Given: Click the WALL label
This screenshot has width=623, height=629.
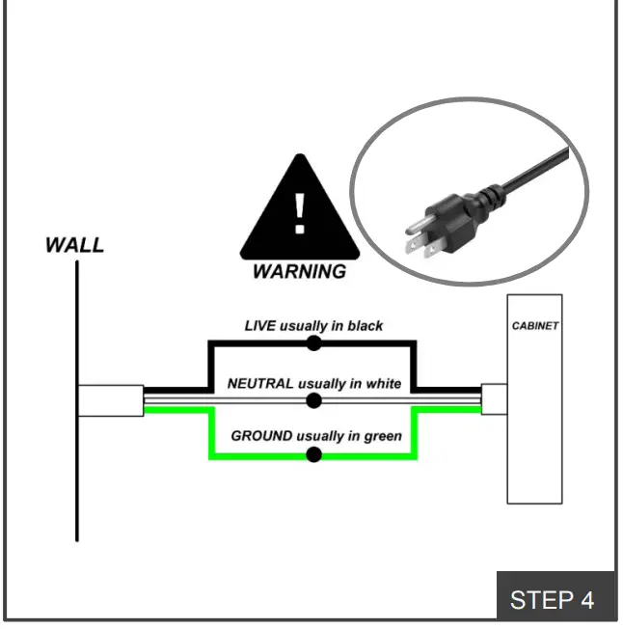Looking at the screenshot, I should coord(74,245).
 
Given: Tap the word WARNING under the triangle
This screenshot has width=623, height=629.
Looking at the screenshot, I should coord(299,272).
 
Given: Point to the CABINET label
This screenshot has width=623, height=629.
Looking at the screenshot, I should coord(534,326).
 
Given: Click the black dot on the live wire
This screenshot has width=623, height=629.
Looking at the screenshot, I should coord(313,342).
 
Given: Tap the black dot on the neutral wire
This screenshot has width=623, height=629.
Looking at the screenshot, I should coord(313,399).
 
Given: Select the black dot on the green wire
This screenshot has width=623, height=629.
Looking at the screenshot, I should coord(313,454).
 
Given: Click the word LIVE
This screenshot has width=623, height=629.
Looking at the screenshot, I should coord(260,326).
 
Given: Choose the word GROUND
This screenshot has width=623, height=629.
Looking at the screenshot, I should coord(261,436).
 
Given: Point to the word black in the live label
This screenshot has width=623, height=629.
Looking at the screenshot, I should coord(365,326).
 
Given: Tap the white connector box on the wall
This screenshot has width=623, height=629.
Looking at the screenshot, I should coord(111,399).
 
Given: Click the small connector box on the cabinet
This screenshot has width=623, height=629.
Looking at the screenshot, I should coord(494,398).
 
